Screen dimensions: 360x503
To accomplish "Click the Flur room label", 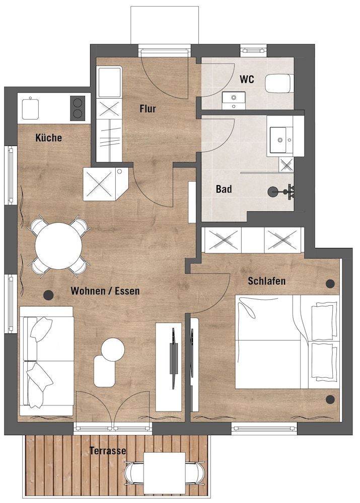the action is point(148,109).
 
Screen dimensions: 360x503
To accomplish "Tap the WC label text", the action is point(247,79).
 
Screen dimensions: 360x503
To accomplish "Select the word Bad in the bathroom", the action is point(224,189).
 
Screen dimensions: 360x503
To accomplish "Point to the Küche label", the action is point(48,138).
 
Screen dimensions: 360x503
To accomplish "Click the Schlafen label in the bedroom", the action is point(266,281).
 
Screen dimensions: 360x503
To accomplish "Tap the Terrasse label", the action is point(108,451).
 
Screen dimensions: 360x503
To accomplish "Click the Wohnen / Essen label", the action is point(105,291).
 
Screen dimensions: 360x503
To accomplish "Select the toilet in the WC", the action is point(279,83).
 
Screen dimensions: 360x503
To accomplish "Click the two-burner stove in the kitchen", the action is point(78,108).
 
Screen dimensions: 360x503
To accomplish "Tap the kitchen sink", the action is point(31,109).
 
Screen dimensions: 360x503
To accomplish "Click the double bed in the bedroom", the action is point(287,342).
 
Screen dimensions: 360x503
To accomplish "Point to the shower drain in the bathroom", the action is point(272,192).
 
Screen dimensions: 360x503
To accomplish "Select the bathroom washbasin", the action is point(281,139).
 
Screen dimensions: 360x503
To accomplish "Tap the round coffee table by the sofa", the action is point(113,350).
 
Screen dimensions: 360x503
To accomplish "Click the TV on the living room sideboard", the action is point(174,351).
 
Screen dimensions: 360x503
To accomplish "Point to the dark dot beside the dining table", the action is point(48,295).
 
